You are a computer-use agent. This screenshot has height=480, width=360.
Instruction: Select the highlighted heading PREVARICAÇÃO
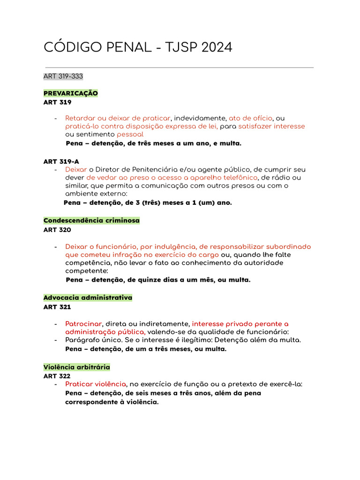70,93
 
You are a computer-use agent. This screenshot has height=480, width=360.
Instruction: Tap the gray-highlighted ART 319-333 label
63,76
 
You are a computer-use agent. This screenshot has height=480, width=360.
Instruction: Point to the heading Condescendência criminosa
91,220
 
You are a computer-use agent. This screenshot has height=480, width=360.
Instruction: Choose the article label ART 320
57,230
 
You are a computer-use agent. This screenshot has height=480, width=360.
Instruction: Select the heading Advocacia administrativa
88,298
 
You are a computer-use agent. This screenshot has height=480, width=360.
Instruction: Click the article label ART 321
57,307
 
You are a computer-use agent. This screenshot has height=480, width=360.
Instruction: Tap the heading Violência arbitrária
76,367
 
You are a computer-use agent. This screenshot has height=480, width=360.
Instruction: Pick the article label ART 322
57,376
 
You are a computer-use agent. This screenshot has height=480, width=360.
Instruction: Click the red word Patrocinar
83,324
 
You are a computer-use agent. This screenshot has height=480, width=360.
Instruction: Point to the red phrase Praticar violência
96,384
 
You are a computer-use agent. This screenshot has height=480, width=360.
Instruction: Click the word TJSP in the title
179,47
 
